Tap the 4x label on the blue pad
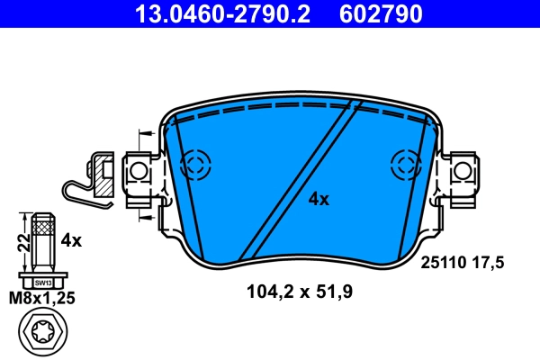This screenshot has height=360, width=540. tap(319, 200)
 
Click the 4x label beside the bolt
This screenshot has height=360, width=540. tap(70, 240)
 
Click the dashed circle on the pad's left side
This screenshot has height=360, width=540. tap(194, 164)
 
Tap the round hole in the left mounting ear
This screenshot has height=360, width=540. tap(138, 170)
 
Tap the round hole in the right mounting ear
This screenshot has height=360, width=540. tap(462, 170)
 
